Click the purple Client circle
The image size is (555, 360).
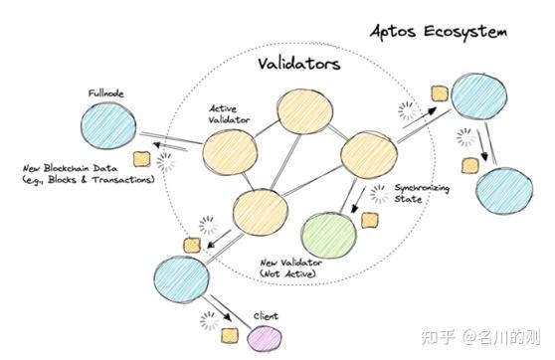click(263, 341)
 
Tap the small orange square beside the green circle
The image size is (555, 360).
click(370, 220)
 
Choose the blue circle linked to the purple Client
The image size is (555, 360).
click(180, 273)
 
